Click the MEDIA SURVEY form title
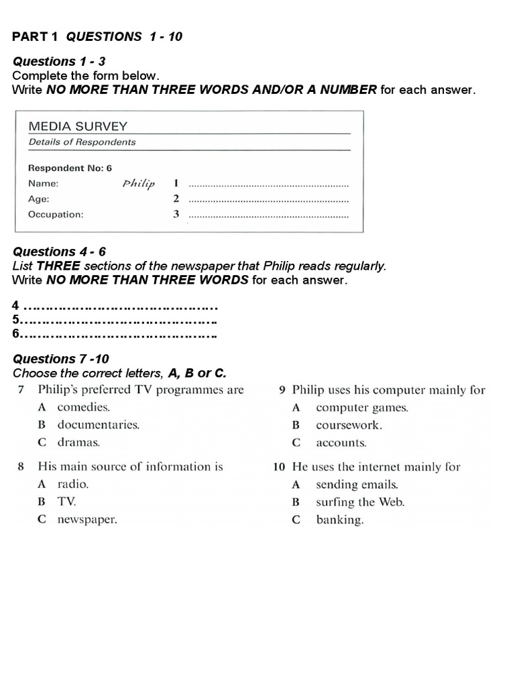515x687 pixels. point(77,126)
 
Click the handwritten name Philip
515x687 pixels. point(139,183)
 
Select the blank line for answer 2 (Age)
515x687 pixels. point(269,199)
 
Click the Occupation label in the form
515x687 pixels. point(56,215)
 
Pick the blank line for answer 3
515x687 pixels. point(269,215)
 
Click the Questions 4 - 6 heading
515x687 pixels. point(59,252)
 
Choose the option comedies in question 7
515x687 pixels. point(83,407)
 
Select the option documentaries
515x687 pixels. point(98,425)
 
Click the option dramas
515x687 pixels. point(78,442)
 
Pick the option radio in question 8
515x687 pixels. point(72,484)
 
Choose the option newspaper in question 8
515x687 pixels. point(87,519)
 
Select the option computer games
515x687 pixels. point(361,407)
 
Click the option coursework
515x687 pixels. point(349,425)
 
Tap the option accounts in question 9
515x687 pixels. point(341,443)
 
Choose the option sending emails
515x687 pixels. point(357,484)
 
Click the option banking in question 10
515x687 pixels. point(339,520)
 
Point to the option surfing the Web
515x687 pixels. point(360,502)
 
